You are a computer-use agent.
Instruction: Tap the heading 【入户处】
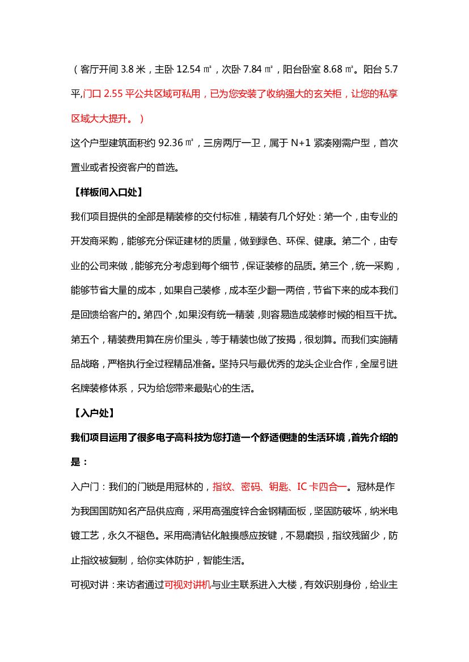(92, 413)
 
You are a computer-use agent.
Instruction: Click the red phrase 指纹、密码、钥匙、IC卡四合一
(280, 486)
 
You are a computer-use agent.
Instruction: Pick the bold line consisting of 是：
(79, 462)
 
